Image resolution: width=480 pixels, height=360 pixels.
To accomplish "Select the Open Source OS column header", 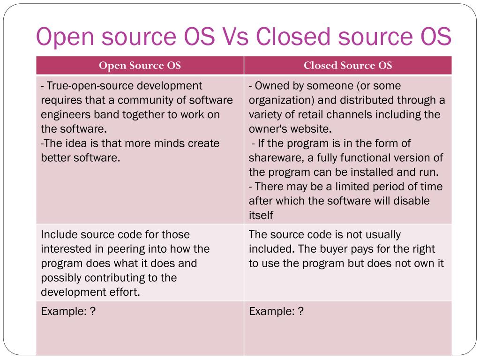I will (x=140, y=66).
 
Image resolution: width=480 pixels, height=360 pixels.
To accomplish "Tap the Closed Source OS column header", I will (x=348, y=66).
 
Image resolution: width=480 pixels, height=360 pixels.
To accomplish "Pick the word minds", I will (x=168, y=143).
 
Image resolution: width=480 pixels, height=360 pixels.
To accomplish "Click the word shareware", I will (x=274, y=158).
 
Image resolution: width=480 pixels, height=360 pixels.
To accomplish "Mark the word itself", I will (x=261, y=216).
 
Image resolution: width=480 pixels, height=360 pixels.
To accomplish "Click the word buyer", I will (x=335, y=249).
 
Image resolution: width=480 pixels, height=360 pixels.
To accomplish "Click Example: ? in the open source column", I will (x=68, y=312).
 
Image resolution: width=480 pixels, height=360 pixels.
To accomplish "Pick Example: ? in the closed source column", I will (x=276, y=312).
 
